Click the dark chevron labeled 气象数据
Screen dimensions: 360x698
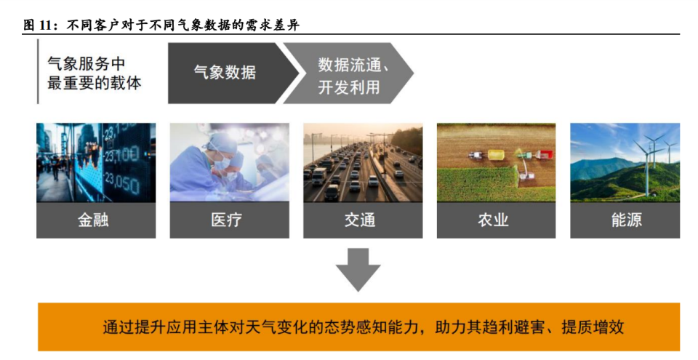pos(229,73)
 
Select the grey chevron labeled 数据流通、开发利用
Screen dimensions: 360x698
pos(349,73)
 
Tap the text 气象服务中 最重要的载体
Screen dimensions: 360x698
pos(94,73)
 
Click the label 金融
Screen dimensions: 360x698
pos(96,220)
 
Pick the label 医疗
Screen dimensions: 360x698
pos(229,220)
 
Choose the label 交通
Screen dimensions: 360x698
pos(362,220)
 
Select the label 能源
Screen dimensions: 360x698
pos(625,220)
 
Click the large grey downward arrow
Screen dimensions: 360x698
pos(358,269)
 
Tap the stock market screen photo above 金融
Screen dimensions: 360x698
pos(96,161)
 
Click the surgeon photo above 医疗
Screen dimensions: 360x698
pos(229,161)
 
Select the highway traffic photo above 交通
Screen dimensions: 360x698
pos(362,161)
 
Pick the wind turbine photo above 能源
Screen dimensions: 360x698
pos(625,161)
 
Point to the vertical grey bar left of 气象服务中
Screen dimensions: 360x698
pos(38,72)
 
